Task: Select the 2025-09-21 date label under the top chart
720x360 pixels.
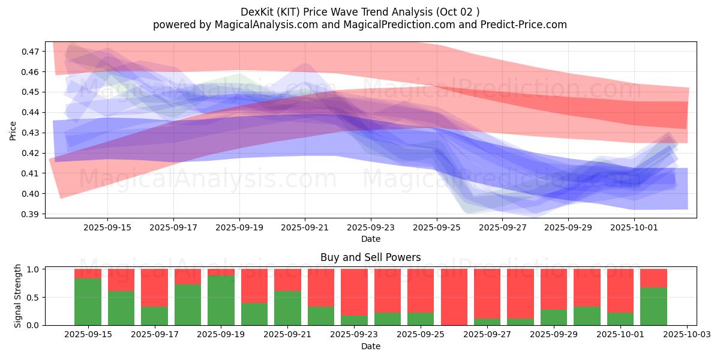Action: [305, 228]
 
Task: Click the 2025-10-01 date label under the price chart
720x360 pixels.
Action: [634, 228]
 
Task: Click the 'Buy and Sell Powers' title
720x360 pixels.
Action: [370, 257]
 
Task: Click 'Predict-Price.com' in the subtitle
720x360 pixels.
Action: [523, 25]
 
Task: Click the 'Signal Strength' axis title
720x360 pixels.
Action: [18, 296]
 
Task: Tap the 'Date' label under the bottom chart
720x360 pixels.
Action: [370, 346]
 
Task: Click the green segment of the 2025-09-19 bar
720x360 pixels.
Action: [221, 300]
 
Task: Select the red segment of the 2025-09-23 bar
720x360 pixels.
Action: [354, 292]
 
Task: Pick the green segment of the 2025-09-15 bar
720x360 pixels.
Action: [88, 302]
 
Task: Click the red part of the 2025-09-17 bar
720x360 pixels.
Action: [154, 287]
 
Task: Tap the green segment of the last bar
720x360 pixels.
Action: [653, 306]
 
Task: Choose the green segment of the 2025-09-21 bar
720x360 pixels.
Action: [287, 308]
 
